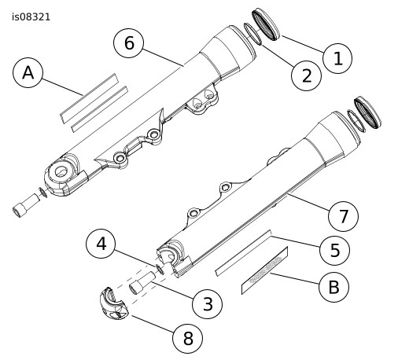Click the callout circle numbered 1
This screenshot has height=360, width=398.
(337, 58)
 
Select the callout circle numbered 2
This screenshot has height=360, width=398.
(306, 76)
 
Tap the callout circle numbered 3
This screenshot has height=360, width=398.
(207, 304)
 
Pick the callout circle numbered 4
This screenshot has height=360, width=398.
(101, 244)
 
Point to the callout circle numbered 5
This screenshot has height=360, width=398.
(334, 250)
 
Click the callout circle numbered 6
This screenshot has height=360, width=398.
(129, 43)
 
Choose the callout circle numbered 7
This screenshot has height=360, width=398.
(343, 216)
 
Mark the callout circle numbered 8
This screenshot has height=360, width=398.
(187, 338)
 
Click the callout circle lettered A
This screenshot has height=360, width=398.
(28, 72)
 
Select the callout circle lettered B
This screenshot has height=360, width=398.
(334, 287)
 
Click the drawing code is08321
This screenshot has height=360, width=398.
(31, 17)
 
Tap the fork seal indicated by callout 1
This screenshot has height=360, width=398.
(266, 24)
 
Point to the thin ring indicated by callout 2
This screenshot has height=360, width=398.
(252, 34)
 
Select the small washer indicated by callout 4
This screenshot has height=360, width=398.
(160, 270)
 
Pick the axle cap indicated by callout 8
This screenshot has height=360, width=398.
(114, 304)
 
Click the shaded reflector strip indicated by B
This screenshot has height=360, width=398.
(264, 270)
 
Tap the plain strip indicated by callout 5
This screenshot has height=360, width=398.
(243, 253)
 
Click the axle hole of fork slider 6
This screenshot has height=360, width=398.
(62, 171)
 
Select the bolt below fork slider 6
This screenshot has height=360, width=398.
(26, 205)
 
